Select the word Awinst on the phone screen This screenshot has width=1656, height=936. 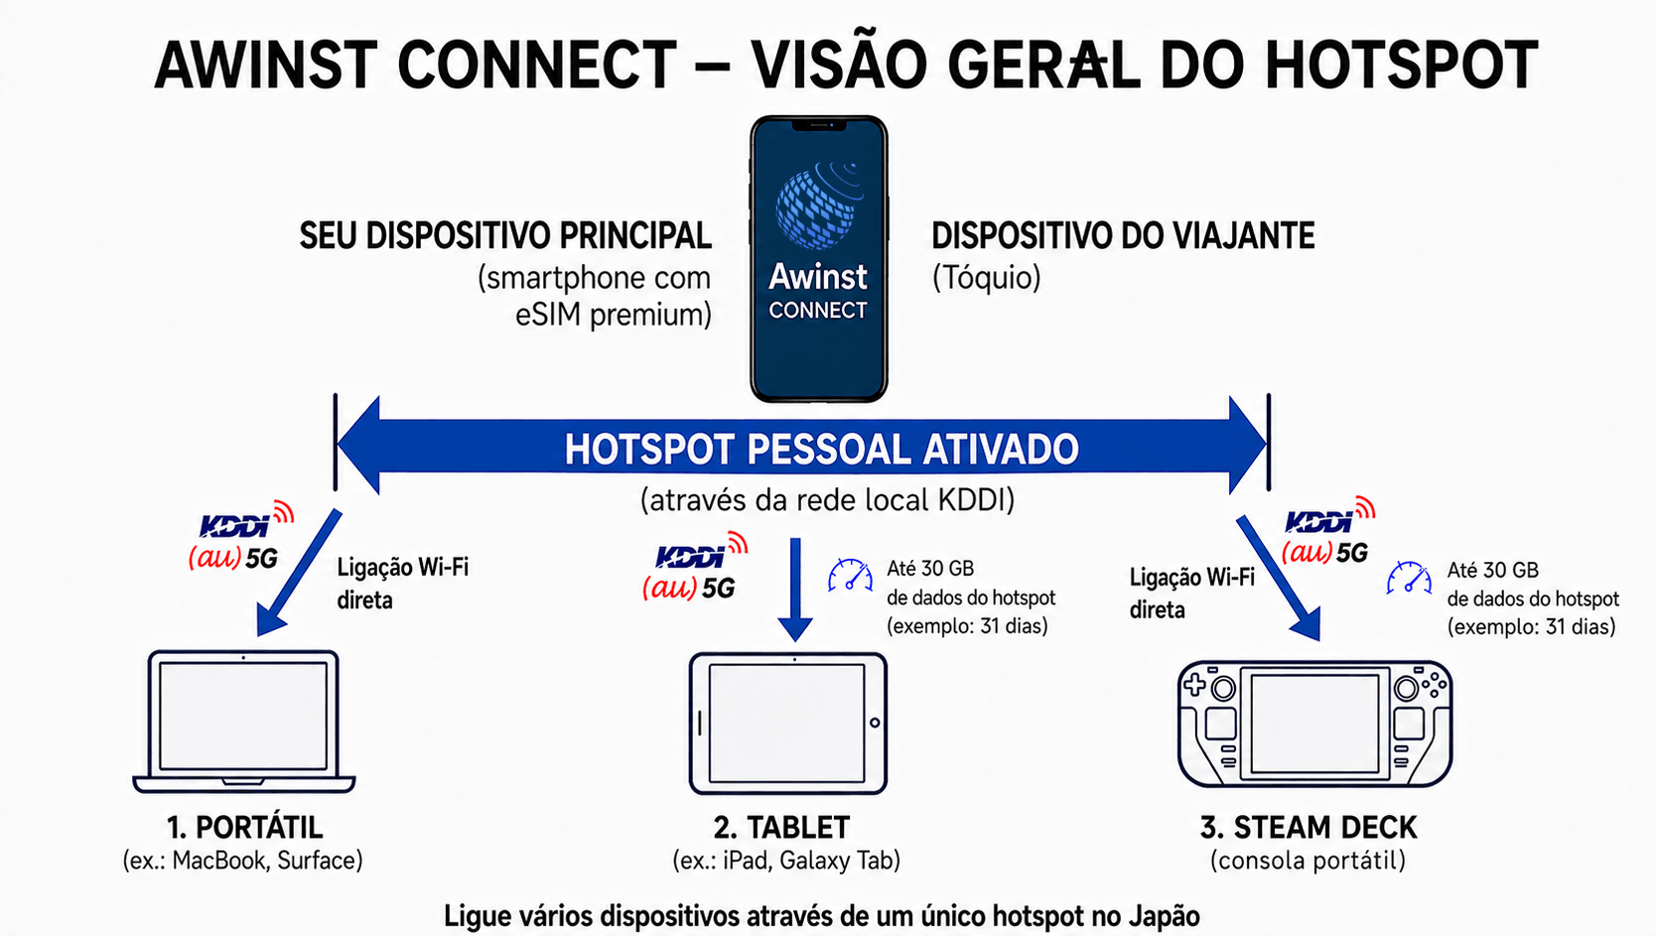click(x=818, y=277)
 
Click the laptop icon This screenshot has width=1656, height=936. click(x=244, y=722)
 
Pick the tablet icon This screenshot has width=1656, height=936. click(x=788, y=723)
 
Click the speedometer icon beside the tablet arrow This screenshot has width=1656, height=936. click(x=850, y=576)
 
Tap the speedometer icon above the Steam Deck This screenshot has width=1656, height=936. click(x=1409, y=578)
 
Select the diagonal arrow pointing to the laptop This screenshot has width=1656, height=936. click(x=299, y=573)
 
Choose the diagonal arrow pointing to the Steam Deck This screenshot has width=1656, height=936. click(x=1278, y=578)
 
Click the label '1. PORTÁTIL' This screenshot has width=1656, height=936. click(x=244, y=828)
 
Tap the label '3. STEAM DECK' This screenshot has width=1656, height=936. click(x=1309, y=828)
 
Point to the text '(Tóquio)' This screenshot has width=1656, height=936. click(x=986, y=279)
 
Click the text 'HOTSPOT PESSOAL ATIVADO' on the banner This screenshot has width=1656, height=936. click(x=821, y=449)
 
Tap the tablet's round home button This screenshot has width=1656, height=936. click(x=875, y=723)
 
